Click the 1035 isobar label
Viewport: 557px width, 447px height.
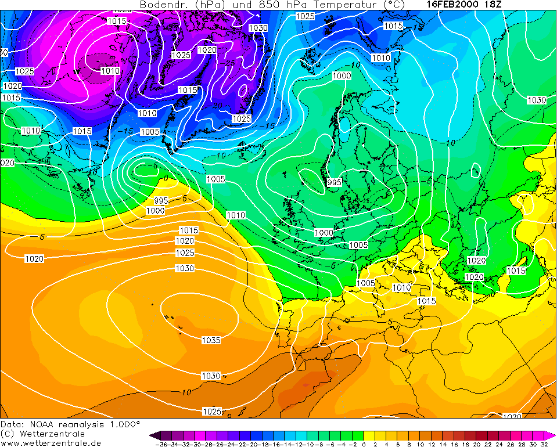click(211, 340)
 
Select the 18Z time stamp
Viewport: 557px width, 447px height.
click(493, 4)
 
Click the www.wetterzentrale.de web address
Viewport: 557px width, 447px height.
click(51, 443)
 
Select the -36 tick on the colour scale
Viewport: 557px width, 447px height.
click(162, 444)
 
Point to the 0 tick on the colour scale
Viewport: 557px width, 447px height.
click(364, 444)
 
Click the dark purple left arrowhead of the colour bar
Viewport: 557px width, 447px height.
click(153, 435)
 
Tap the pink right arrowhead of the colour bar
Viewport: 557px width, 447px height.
click(552, 435)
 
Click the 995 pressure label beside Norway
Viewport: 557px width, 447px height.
click(334, 182)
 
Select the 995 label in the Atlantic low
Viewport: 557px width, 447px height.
click(161, 200)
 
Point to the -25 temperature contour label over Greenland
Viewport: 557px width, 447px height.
click(231, 63)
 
